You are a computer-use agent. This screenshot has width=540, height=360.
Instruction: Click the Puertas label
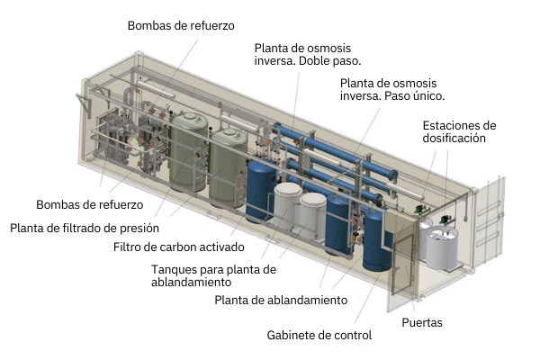421,321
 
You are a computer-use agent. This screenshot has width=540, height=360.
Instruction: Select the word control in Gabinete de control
353,336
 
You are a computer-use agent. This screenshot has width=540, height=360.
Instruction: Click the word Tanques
175,268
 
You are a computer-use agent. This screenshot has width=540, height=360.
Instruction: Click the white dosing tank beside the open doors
441,247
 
